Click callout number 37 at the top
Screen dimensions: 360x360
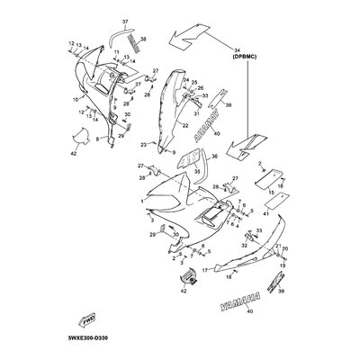coord(125,21)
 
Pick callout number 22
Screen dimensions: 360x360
coord(185,126)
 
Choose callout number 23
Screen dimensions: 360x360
coord(144,144)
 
